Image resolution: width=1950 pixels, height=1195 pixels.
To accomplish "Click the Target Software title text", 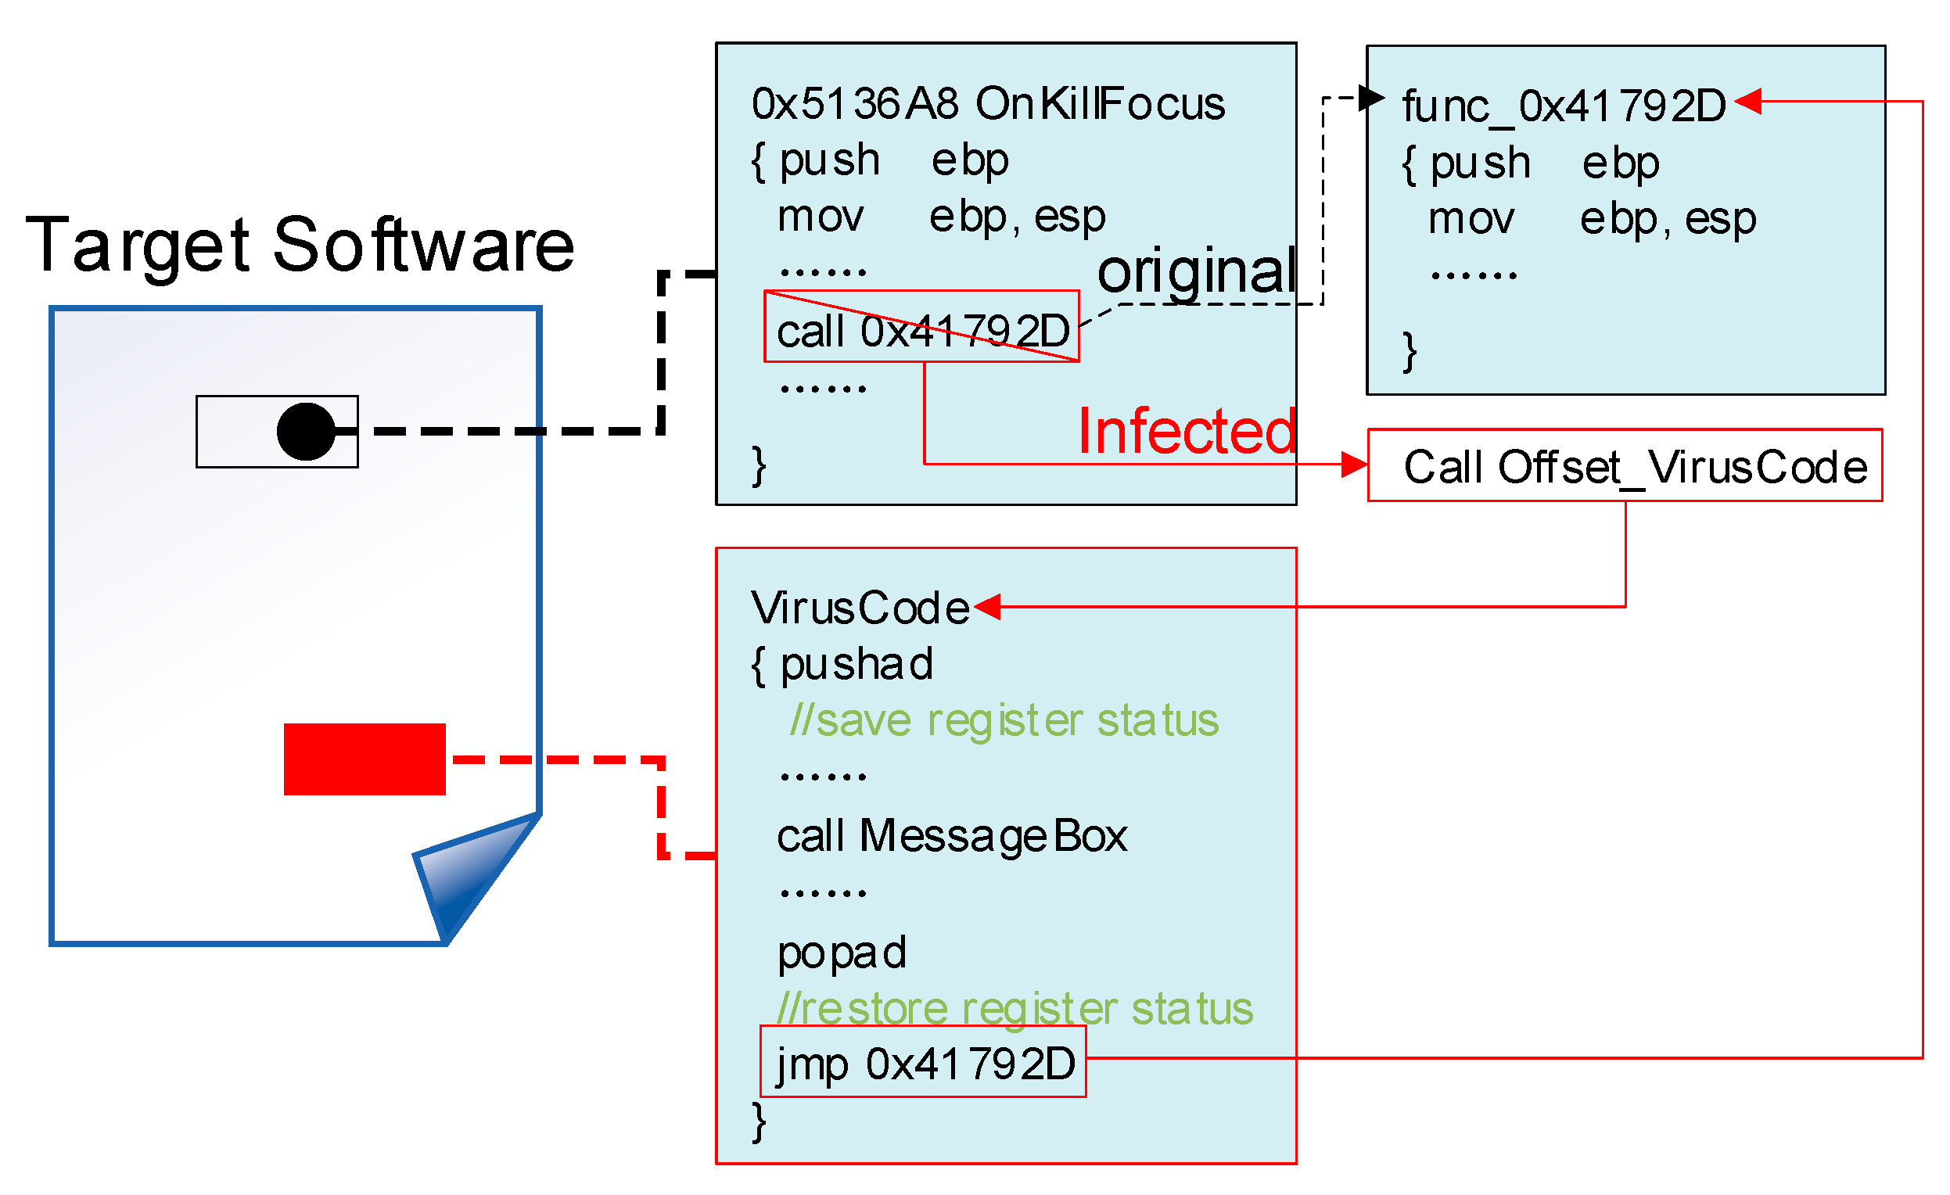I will coord(299,246).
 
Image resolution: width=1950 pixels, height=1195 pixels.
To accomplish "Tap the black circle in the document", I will coord(306,431).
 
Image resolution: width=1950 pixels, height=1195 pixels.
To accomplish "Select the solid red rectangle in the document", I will coord(364,758).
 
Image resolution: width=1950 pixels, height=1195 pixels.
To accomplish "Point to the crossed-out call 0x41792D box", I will coord(921,327).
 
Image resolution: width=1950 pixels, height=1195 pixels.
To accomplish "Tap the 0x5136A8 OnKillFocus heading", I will coord(988,104).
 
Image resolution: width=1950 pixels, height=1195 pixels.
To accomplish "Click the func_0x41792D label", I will coord(1562,106).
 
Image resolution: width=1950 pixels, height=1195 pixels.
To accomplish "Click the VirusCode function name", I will coord(860,608).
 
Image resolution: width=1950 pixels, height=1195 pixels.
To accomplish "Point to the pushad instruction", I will coord(856,664).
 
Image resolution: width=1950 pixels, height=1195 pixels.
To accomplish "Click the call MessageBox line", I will coord(951,836).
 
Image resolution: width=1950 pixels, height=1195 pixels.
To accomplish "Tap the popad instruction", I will coord(842,952).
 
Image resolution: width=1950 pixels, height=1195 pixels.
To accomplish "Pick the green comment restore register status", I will coord(1015,1008).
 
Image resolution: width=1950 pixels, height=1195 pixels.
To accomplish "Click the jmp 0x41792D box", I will coord(923,1062).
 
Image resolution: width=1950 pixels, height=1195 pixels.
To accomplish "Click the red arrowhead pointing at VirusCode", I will coord(988,607).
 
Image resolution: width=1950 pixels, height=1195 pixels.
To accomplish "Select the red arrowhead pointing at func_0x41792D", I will coord(1747,102).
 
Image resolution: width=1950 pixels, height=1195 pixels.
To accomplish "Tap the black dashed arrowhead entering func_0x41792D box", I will coord(1370,98).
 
